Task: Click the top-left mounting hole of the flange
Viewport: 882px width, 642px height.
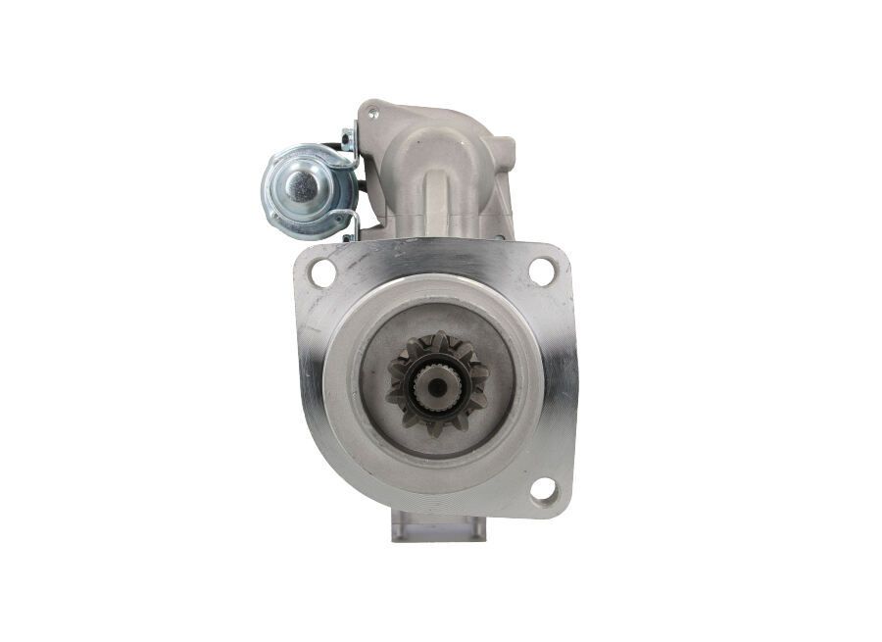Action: (322, 272)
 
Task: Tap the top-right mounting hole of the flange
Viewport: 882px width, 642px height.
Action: (541, 271)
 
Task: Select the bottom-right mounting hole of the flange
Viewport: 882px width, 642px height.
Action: (544, 489)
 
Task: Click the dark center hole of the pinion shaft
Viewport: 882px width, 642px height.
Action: (434, 387)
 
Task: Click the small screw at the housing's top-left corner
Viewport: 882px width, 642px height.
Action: (372, 114)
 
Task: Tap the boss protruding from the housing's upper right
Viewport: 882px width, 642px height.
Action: (503, 152)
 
